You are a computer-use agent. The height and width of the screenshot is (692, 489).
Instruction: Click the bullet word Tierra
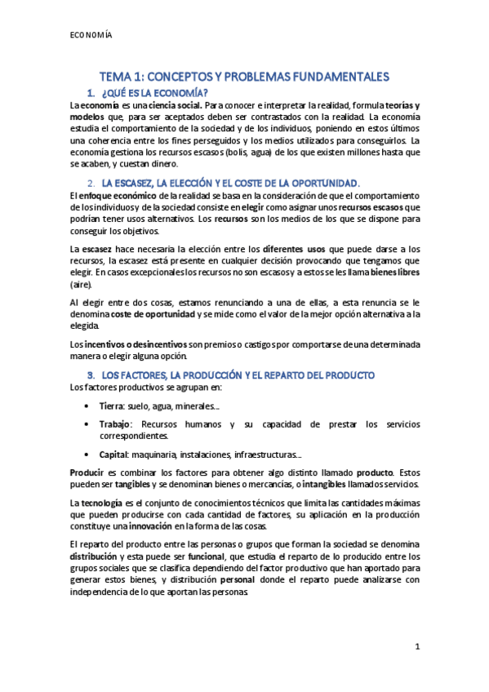tap(111, 406)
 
